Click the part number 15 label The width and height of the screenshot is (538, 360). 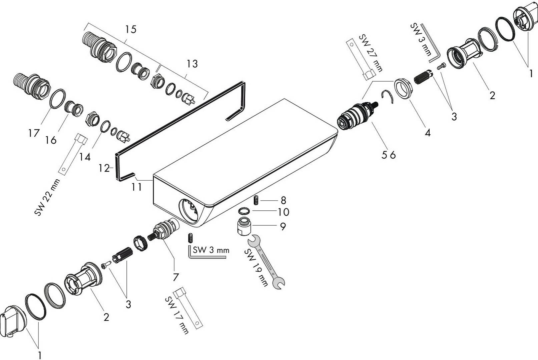coord(131,29)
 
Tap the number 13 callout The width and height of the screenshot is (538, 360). coord(192,63)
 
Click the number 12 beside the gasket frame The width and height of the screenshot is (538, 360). coord(104,169)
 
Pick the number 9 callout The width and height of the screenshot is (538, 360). coord(283,227)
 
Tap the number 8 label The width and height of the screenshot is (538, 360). coord(283,200)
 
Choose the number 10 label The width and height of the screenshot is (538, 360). coord(283,212)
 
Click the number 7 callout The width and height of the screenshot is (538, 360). coord(175,277)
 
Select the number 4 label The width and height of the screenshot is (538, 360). coord(427,133)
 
